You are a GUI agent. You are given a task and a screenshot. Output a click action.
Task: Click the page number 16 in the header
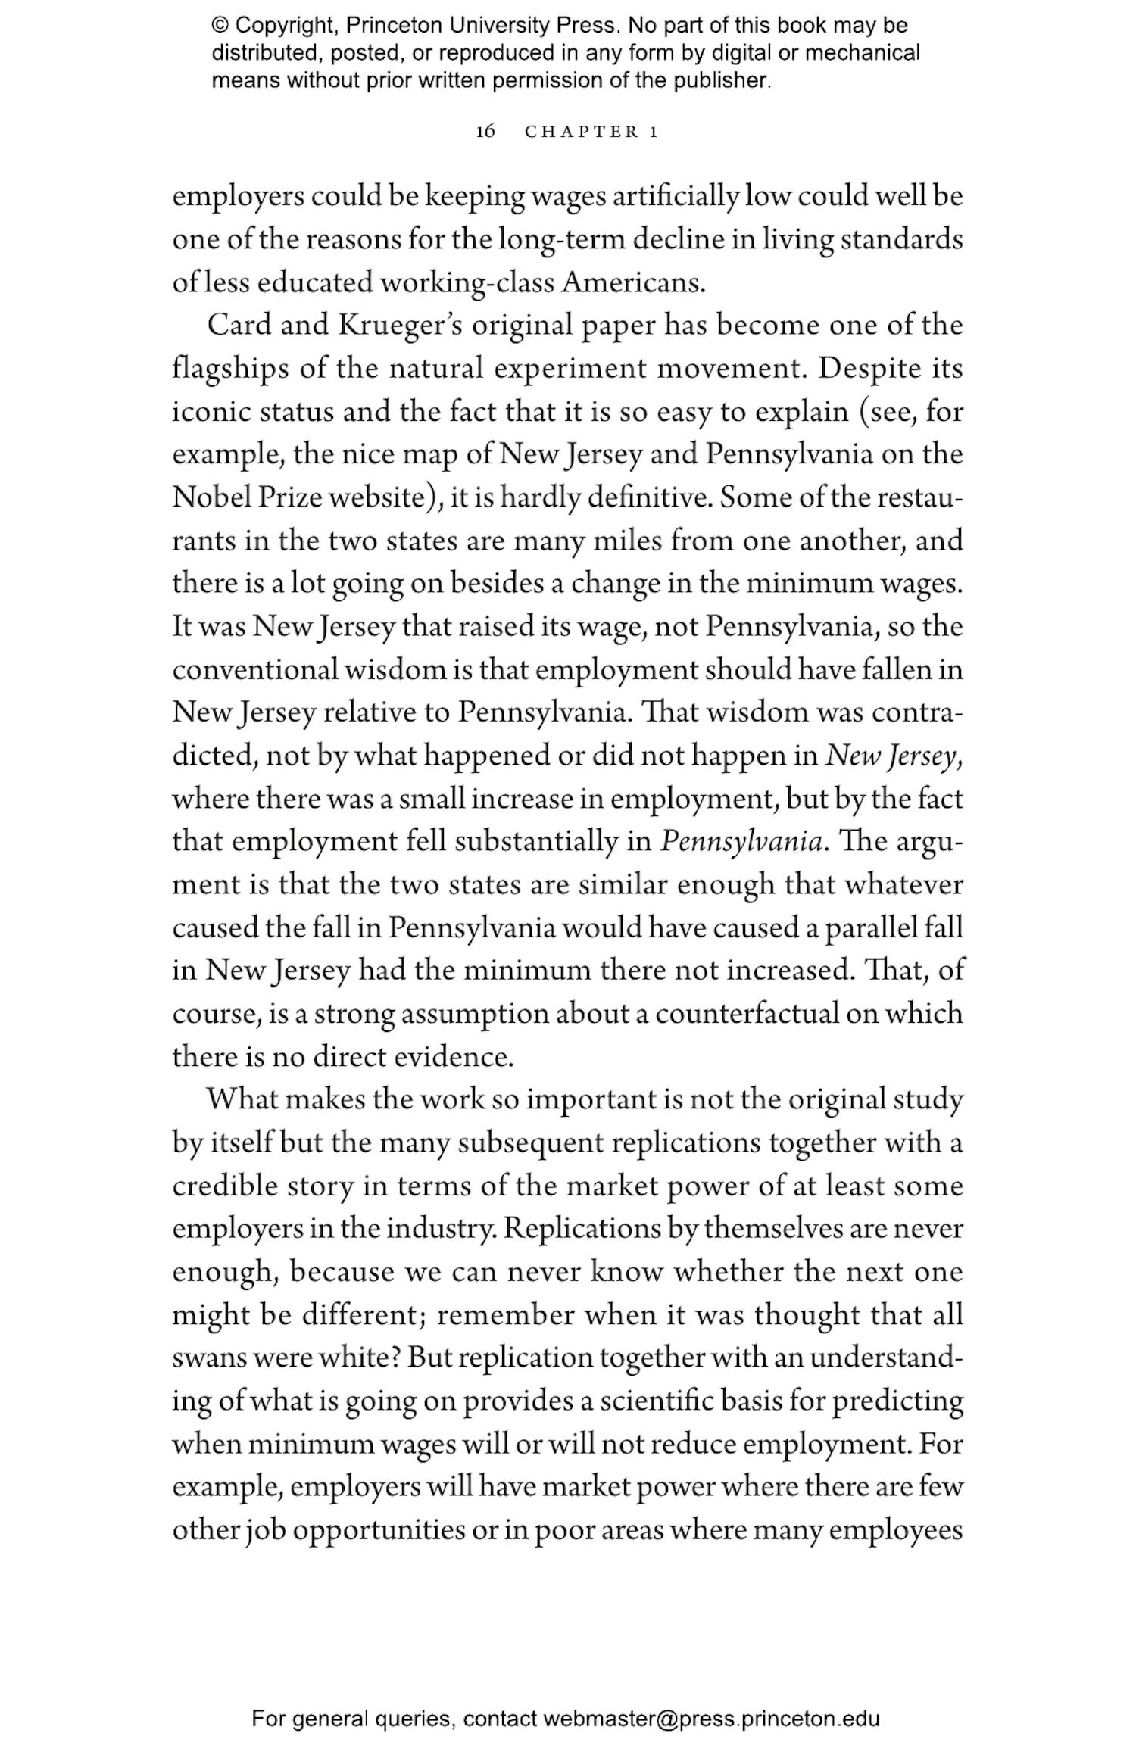[x=485, y=132]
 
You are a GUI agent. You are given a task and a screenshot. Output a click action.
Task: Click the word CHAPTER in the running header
[x=582, y=132]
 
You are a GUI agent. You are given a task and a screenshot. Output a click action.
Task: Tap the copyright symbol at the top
[x=220, y=26]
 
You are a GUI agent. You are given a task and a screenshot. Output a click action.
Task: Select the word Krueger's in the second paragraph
[x=394, y=326]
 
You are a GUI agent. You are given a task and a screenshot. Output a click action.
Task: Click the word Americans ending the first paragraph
[x=632, y=282]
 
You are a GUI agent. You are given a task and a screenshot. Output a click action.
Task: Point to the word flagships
[x=230, y=369]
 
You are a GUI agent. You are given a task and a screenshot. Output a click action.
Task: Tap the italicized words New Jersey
[x=891, y=756]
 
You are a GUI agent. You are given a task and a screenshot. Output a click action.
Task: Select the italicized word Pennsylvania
[x=741, y=842]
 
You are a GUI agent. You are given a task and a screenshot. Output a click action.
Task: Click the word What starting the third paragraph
[x=242, y=1099]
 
